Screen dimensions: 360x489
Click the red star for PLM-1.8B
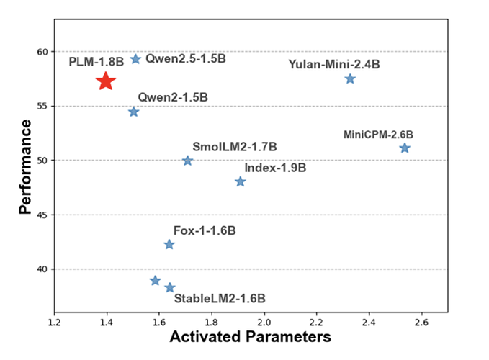106,81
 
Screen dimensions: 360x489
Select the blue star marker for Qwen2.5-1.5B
135,59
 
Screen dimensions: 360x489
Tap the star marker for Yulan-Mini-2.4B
350,78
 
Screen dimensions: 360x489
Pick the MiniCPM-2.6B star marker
405,148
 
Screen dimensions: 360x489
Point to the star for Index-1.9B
241,181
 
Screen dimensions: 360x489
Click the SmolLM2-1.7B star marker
188,161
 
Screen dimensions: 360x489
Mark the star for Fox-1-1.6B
169,245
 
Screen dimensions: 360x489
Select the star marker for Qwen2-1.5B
133,112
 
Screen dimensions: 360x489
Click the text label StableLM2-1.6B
220,297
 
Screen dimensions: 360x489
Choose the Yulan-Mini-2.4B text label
333,64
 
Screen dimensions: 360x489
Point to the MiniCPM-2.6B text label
378,134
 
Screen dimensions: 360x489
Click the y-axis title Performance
26,166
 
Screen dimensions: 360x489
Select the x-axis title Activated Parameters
249,336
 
